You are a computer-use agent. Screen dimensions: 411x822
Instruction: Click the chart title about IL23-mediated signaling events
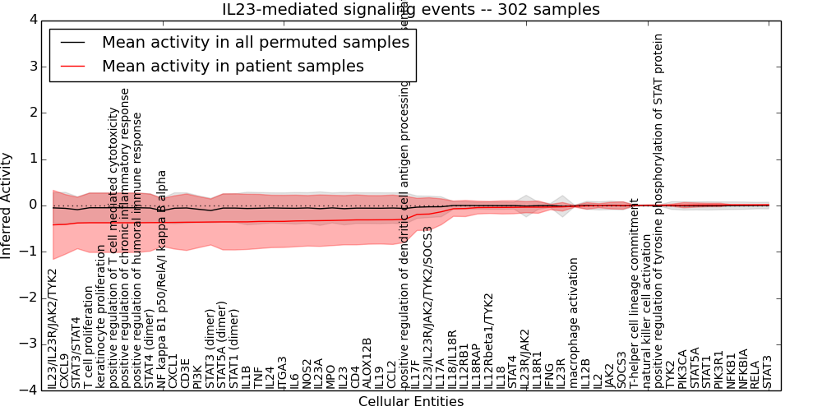coord(411,10)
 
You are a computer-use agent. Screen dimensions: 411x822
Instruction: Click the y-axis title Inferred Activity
coord(7,205)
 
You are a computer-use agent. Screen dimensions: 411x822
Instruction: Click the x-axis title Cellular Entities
coord(411,402)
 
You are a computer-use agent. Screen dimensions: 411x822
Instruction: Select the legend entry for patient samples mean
coord(233,66)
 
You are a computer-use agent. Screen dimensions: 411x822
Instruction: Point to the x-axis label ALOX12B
coord(367,363)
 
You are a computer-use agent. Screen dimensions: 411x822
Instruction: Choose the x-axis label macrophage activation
coord(573,323)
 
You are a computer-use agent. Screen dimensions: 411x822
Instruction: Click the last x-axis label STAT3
coord(767,372)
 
